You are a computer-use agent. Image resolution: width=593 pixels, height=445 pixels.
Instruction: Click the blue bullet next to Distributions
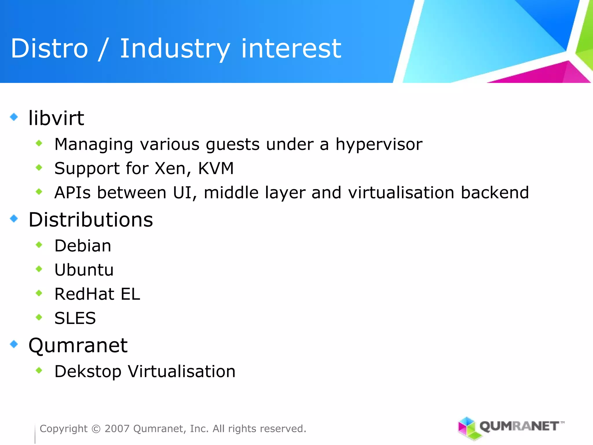14,218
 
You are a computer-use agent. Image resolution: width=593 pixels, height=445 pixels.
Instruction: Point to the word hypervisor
379,144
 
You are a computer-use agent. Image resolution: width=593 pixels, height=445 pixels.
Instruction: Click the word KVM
216,168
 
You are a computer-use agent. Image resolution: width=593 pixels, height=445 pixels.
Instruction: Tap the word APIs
72,193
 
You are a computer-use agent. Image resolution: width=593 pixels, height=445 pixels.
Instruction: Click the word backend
495,193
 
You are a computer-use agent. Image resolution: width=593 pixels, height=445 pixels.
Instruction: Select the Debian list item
83,246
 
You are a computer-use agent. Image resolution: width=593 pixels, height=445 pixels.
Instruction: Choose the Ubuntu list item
84,270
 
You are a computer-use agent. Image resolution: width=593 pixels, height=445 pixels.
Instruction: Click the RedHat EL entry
97,294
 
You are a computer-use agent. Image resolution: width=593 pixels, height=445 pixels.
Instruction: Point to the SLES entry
75,318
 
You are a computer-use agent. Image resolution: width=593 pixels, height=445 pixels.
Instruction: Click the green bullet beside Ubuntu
39,269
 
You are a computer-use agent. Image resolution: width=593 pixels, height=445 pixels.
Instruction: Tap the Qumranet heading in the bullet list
78,345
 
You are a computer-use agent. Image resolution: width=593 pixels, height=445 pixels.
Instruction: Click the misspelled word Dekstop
88,371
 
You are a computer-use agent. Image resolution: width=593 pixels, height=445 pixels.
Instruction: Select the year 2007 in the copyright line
117,428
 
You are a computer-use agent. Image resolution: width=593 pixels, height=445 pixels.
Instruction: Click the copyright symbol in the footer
96,429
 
